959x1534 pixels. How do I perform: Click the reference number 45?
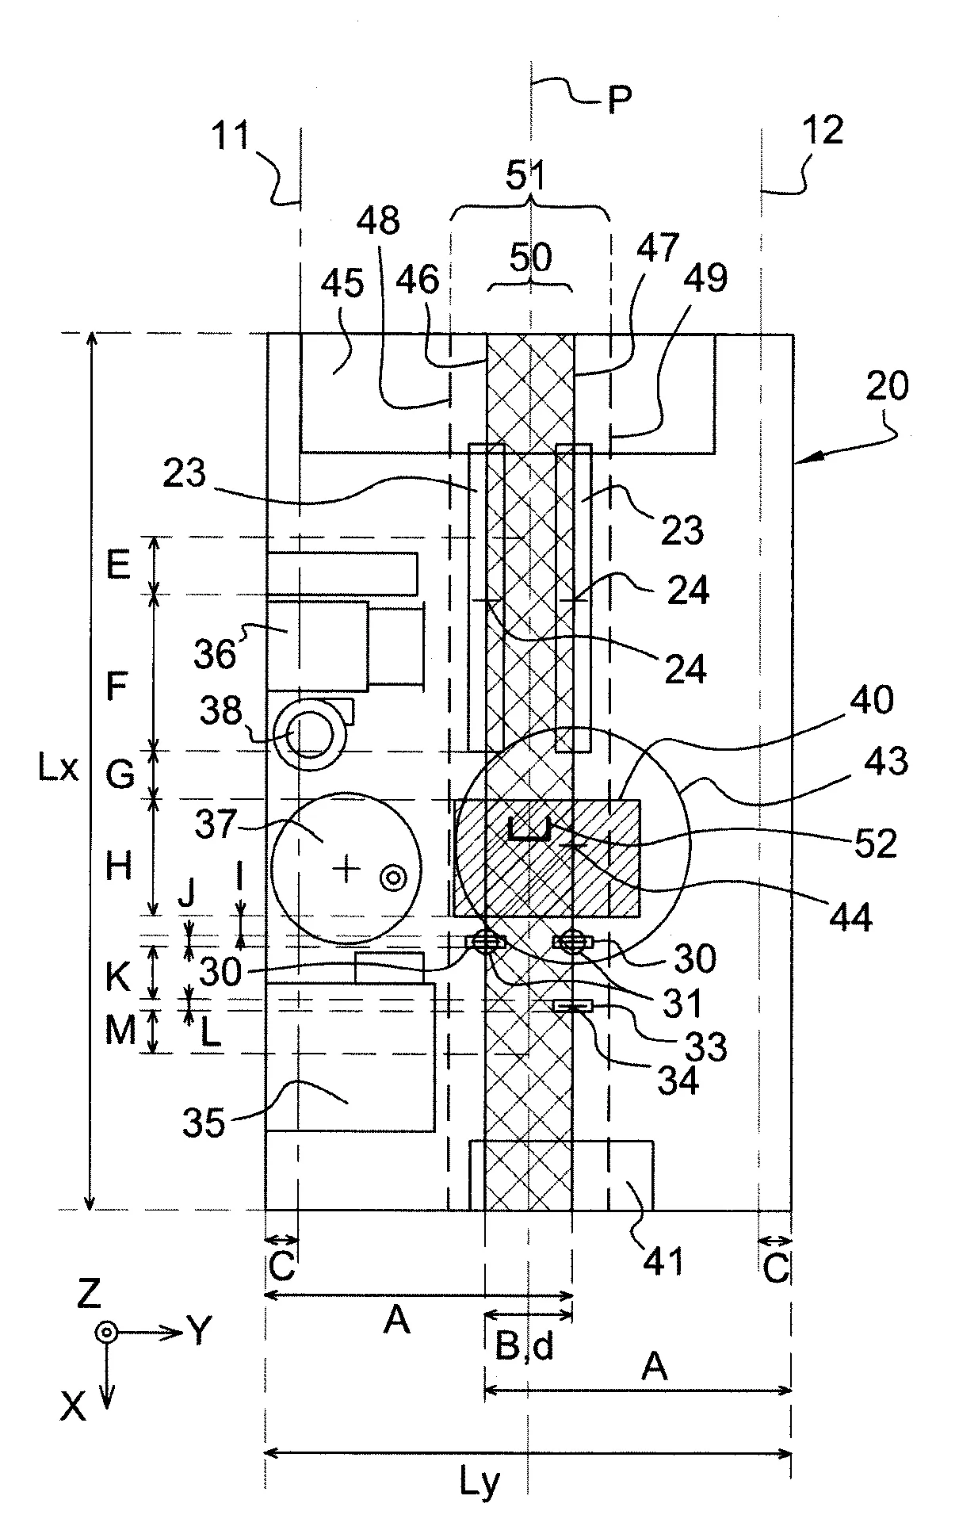tap(343, 285)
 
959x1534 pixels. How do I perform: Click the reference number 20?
tap(887, 387)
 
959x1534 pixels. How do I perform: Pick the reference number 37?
tap(215, 825)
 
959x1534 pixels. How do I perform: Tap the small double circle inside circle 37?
tap(392, 877)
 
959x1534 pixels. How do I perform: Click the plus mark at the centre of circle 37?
tap(345, 870)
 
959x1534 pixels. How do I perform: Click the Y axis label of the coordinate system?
tap(200, 1332)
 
